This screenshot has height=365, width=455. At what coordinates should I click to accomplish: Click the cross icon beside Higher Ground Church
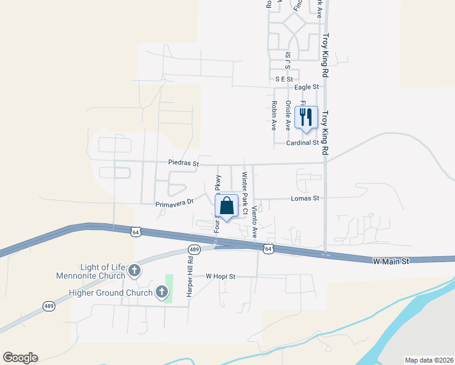click(162, 293)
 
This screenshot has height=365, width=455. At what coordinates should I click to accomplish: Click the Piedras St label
click(184, 163)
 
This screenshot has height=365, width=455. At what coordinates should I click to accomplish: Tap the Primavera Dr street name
click(174, 203)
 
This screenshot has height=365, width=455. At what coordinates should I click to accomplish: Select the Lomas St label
click(305, 198)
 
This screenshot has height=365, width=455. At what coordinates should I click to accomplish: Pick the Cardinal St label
click(303, 143)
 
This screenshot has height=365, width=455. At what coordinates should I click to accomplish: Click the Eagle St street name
click(307, 88)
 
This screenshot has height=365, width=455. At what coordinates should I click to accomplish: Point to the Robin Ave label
click(274, 116)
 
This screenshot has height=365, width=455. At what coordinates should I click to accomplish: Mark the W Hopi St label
click(220, 276)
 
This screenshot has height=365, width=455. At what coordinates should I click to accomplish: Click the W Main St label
click(390, 260)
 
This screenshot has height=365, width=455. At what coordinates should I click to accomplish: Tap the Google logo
click(20, 358)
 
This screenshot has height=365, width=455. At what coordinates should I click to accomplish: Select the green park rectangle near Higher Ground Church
click(169, 289)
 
